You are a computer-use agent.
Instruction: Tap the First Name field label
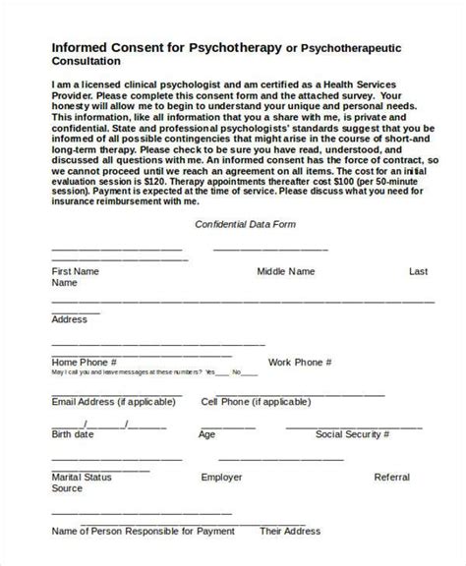tap(75, 270)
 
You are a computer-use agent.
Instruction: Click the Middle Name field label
tap(286, 270)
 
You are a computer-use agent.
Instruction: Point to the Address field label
tap(69, 319)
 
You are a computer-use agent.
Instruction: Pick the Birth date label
tap(73, 433)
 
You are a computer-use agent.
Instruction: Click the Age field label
tap(206, 433)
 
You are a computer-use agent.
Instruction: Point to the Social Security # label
tap(352, 433)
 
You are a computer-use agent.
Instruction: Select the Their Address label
tap(286, 532)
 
